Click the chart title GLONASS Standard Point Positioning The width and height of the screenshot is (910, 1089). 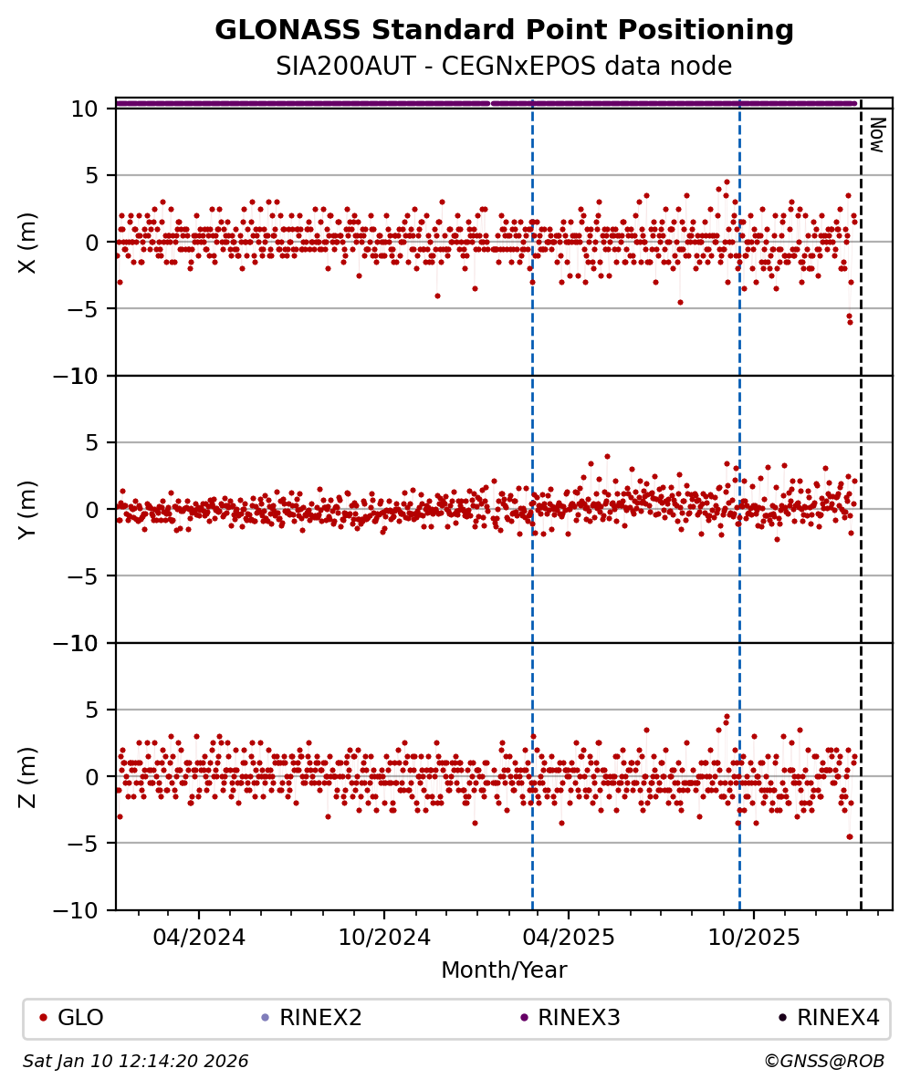pyautogui.click(x=504, y=31)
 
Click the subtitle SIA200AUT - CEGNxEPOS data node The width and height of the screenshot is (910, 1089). pyautogui.click(x=504, y=67)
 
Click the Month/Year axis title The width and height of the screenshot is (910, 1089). pyautogui.click(x=504, y=970)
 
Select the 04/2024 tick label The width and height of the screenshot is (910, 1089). pyautogui.click(x=199, y=938)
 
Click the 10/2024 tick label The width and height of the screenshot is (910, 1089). pyautogui.click(x=384, y=938)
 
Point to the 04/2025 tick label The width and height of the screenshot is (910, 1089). pyautogui.click(x=570, y=938)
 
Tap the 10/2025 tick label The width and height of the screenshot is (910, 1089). pyautogui.click(x=755, y=938)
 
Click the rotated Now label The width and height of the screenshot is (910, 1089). pyautogui.click(x=876, y=134)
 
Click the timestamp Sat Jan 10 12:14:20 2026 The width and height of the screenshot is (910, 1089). pyautogui.click(x=136, y=1062)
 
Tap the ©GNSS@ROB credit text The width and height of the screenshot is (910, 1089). pyautogui.click(x=823, y=1062)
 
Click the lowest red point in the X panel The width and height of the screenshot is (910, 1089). pyautogui.click(x=849, y=322)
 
